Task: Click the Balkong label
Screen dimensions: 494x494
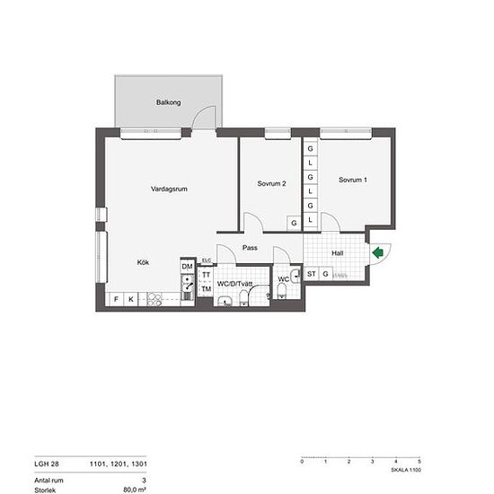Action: pos(169,103)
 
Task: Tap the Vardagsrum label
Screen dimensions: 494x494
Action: pos(167,189)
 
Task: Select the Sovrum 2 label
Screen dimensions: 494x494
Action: pos(271,183)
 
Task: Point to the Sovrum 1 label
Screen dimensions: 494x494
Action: pos(353,180)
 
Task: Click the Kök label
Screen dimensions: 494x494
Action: pos(143,262)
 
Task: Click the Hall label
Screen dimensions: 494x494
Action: pos(337,253)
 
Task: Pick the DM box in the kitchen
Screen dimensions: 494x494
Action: pos(187,267)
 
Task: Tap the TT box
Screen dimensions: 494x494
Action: pos(206,275)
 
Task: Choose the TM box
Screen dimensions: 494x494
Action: pos(206,288)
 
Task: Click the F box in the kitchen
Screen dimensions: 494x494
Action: pos(115,298)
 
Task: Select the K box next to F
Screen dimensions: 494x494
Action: pos(130,298)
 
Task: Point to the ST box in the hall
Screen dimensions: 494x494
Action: pos(312,274)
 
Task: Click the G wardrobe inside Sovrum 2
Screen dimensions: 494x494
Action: pos(293,223)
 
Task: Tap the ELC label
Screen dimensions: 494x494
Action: pos(207,260)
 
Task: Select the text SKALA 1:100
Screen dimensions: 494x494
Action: pos(406,470)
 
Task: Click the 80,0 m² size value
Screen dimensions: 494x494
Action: pos(135,490)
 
